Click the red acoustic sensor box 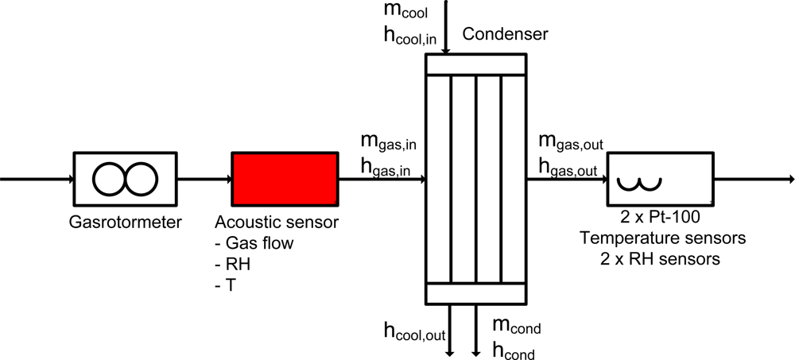click(x=285, y=179)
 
